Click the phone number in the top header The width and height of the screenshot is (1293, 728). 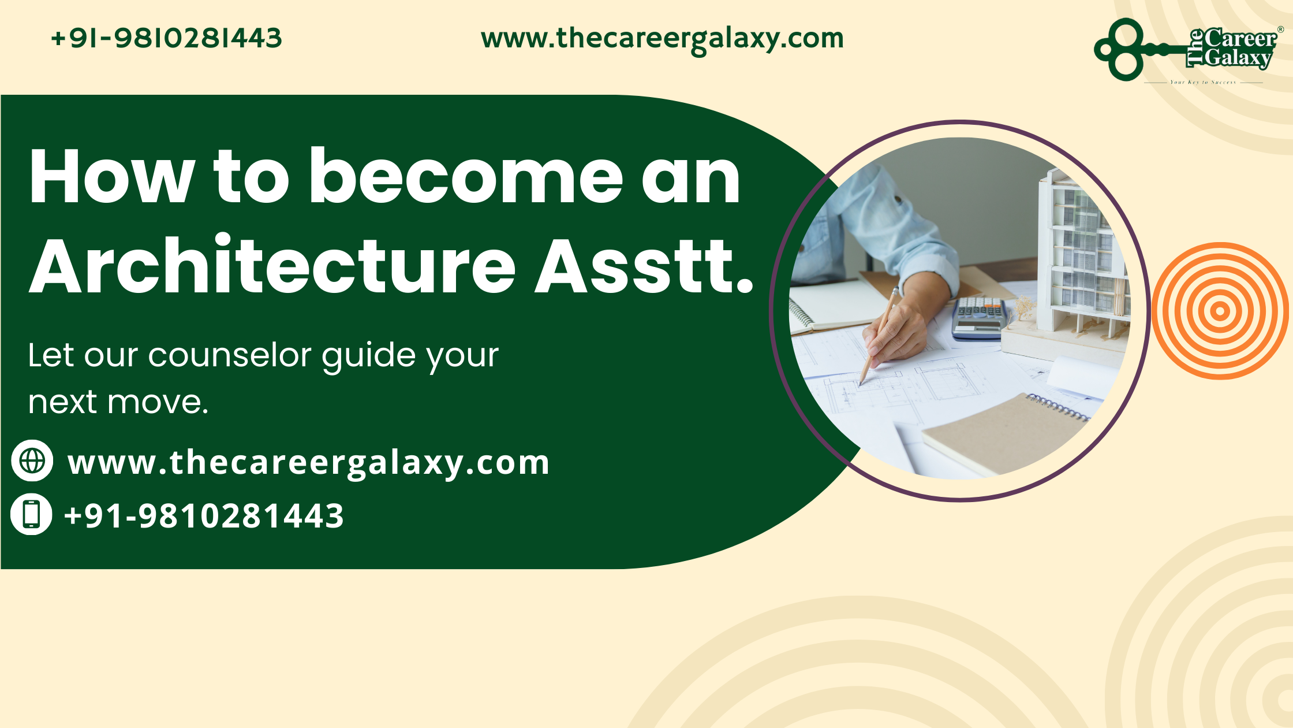pos(166,39)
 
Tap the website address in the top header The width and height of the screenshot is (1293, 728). pos(662,39)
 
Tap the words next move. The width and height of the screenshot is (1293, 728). pos(118,402)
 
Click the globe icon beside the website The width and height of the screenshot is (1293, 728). pos(32,460)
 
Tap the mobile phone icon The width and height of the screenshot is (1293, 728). pos(32,514)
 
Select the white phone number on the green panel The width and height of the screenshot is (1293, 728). pos(204,515)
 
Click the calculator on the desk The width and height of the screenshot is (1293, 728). pos(978,318)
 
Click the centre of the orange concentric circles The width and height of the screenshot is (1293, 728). pos(1220,311)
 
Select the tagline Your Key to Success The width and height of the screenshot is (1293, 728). pos(1203,83)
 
